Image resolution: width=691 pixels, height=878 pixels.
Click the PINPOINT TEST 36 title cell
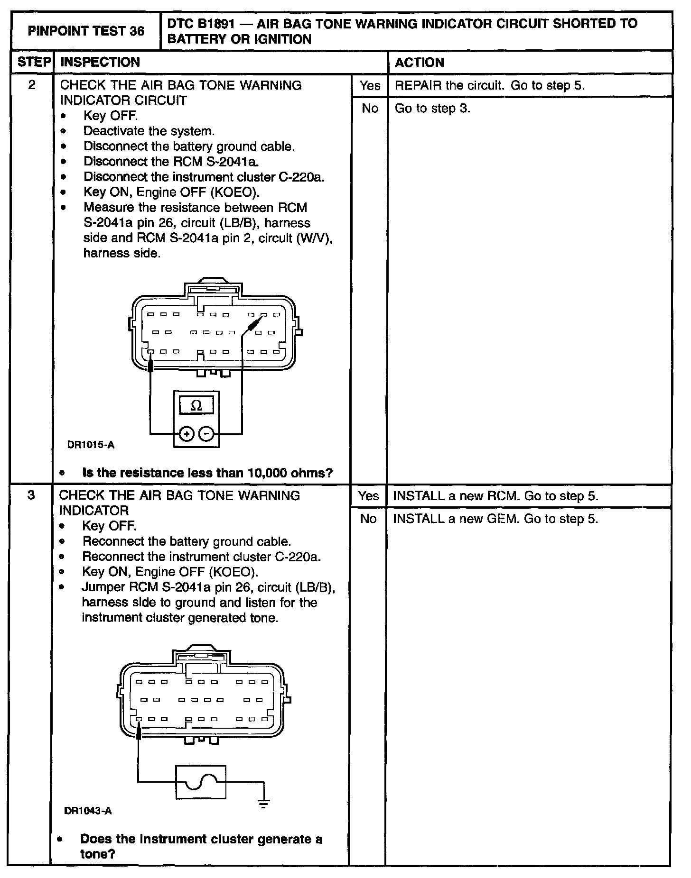pyautogui.click(x=86, y=31)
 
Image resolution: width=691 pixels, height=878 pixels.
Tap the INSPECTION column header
pyautogui.click(x=100, y=62)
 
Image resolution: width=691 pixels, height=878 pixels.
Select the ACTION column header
pyautogui.click(x=419, y=63)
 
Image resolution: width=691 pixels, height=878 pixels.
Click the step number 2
pyautogui.click(x=32, y=85)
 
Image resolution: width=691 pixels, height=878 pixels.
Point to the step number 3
pyautogui.click(x=31, y=495)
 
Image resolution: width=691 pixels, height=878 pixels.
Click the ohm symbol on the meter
pyautogui.click(x=196, y=406)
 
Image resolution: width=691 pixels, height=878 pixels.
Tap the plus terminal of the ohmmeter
pyautogui.click(x=187, y=434)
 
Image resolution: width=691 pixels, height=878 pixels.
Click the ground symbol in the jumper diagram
pyautogui.click(x=264, y=803)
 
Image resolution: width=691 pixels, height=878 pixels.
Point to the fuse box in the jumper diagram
pyautogui.click(x=201, y=782)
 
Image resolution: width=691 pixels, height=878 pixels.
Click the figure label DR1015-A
pyautogui.click(x=91, y=445)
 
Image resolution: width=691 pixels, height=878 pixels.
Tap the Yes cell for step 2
pyautogui.click(x=370, y=86)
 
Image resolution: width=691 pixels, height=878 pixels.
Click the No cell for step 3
pyautogui.click(x=368, y=519)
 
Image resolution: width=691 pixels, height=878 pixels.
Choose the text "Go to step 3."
pyautogui.click(x=432, y=109)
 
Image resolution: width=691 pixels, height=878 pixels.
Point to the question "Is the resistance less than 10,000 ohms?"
pyautogui.click(x=207, y=473)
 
